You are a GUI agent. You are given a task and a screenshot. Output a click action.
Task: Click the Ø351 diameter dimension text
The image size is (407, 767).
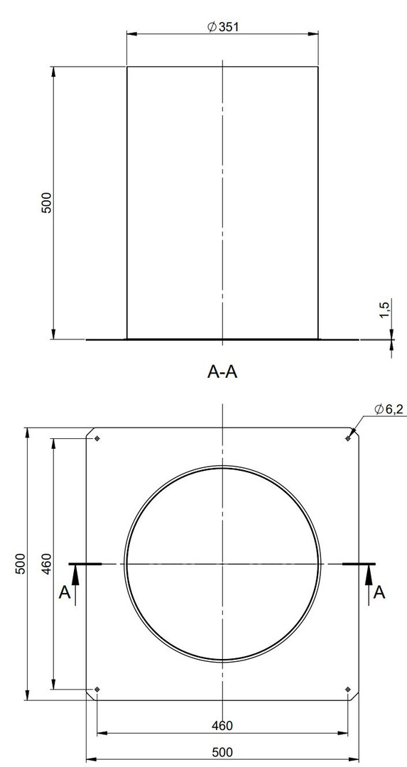point(223,27)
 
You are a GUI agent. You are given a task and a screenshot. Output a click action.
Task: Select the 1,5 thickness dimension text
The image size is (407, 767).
point(384,310)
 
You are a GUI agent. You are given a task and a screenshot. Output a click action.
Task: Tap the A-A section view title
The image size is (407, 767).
point(222,372)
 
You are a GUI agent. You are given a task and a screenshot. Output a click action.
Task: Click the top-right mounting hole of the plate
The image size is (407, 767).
point(348,438)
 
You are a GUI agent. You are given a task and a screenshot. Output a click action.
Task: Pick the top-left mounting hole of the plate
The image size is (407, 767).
point(97,438)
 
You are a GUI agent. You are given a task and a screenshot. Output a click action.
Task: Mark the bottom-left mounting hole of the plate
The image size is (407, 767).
point(97,689)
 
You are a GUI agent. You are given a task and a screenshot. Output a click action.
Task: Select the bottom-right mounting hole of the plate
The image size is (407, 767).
point(348,689)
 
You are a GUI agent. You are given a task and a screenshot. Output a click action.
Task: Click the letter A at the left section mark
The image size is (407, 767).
point(65,592)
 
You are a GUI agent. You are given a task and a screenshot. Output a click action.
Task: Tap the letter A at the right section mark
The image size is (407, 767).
point(379,592)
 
